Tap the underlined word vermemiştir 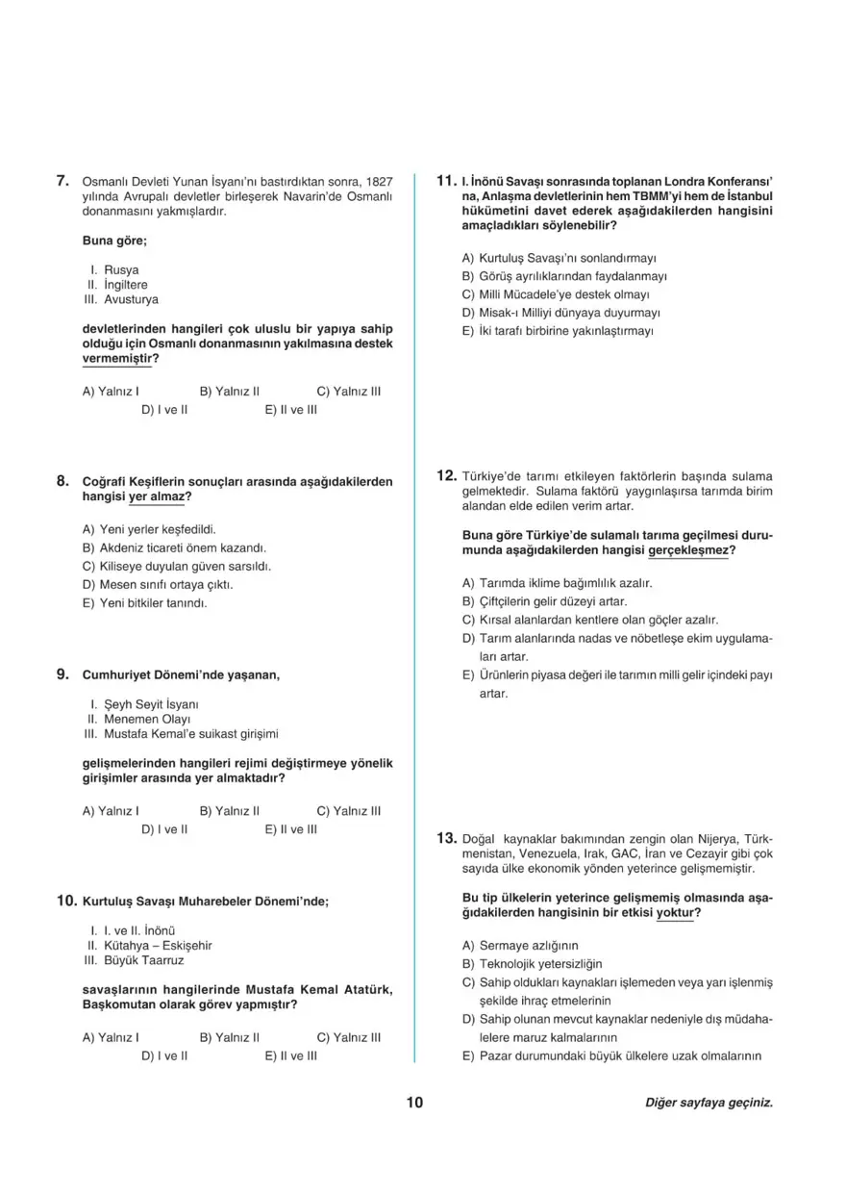point(118,358)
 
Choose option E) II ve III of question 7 point(291,410)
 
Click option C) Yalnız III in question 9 point(348,810)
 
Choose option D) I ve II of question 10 point(163,1055)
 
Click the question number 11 point(445,180)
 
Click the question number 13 point(445,838)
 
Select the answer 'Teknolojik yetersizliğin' point(539,963)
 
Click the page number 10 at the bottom point(414,1103)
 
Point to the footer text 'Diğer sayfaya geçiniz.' point(709,1103)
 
